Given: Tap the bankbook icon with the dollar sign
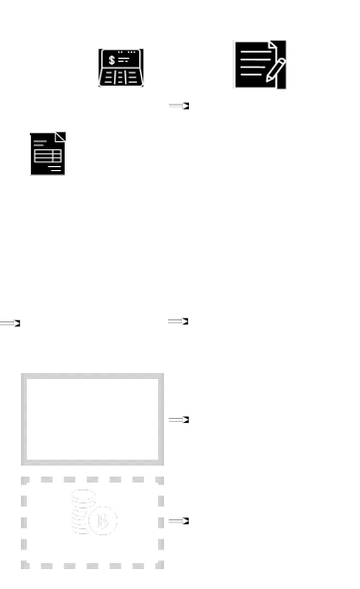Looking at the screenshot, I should pyautogui.click(x=120, y=68).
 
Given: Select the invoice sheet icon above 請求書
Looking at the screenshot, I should pyautogui.click(x=47, y=154).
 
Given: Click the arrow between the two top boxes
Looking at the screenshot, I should pyautogui.click(x=178, y=104).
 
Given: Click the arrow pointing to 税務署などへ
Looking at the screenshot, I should pyautogui.click(x=178, y=520).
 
